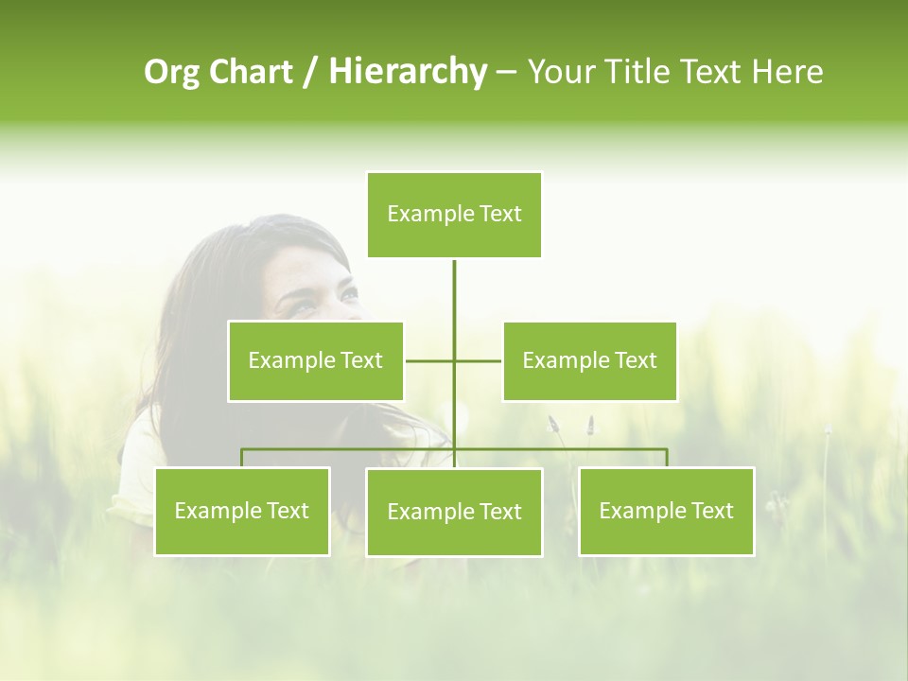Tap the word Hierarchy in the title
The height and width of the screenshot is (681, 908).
point(407,72)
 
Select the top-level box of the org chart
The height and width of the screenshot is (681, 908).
point(454,215)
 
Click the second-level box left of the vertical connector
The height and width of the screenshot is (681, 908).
point(315,360)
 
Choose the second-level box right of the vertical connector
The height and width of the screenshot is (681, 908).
point(589,360)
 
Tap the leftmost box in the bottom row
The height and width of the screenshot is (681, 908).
point(241,511)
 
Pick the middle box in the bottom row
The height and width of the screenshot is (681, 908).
point(454,512)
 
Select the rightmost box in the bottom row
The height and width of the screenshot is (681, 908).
point(666,511)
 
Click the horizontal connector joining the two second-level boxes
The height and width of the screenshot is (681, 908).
point(478,360)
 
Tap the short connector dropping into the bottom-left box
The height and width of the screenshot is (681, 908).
point(241,458)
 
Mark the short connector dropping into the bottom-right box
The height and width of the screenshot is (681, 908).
point(667,458)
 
